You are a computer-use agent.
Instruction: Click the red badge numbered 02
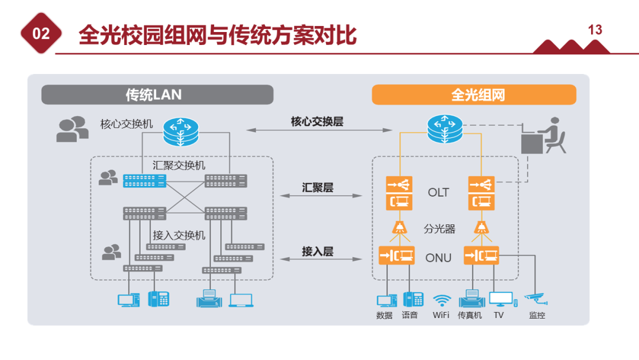41,34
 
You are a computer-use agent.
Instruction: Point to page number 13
595,30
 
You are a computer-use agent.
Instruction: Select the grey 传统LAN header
157,95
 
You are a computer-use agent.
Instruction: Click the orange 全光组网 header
474,95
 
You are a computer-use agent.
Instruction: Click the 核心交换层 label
317,121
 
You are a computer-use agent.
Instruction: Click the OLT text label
438,192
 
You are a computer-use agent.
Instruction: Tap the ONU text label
438,258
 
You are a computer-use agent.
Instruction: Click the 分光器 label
440,229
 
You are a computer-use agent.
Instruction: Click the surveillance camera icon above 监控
536,298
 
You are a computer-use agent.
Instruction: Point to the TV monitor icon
501,299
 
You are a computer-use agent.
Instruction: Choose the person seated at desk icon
544,136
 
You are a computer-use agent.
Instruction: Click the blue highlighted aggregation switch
144,181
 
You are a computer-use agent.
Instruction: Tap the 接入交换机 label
179,235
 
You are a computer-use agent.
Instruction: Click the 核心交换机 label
127,124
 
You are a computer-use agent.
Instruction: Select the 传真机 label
470,315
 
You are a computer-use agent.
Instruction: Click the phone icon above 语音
413,299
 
